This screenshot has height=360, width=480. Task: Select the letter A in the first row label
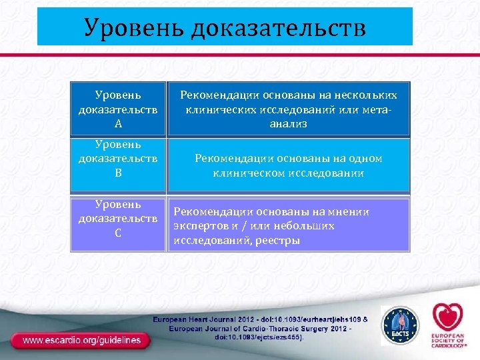click(x=117, y=123)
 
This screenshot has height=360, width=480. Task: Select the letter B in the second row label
click(x=117, y=173)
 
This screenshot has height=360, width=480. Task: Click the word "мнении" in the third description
click(x=350, y=212)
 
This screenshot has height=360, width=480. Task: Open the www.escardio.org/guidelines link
click(x=82, y=340)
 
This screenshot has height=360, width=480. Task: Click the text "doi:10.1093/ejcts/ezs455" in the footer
click(x=257, y=337)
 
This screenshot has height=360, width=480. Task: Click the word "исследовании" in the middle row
click(x=326, y=173)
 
